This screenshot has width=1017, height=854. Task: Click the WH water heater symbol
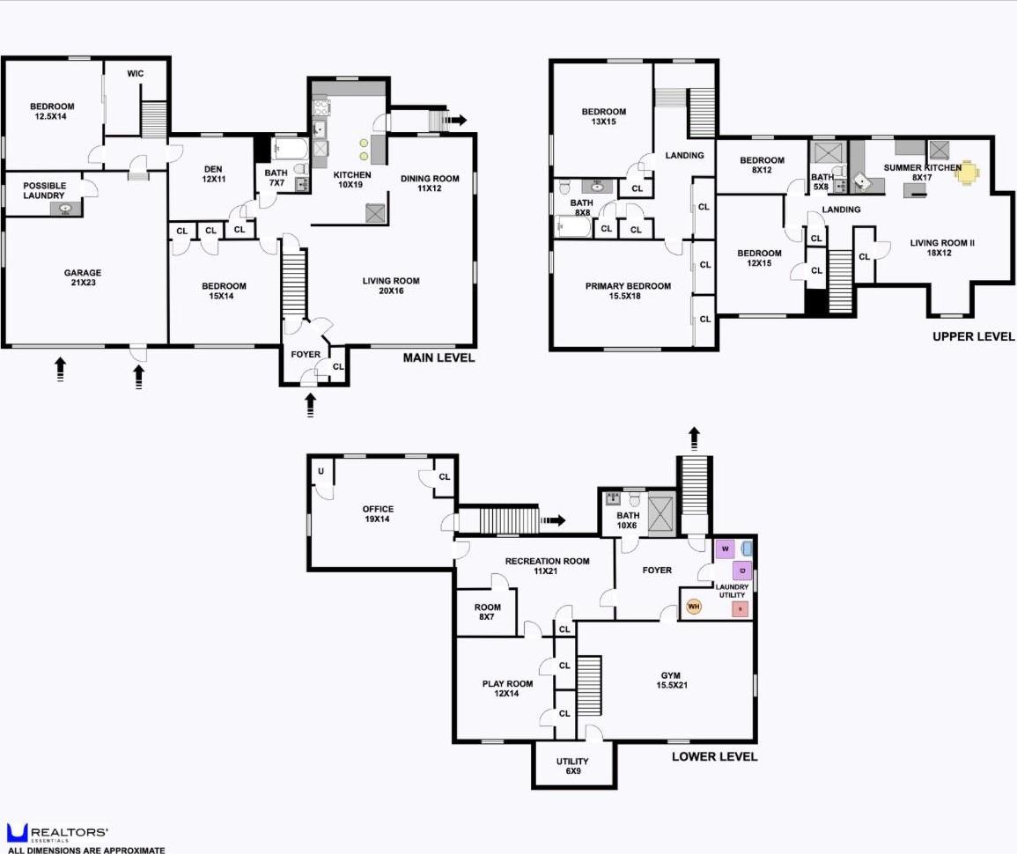(693, 606)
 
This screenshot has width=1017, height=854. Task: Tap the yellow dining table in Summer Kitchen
(968, 172)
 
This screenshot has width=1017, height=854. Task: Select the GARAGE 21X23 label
(82, 278)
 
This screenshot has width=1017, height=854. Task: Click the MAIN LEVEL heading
(438, 357)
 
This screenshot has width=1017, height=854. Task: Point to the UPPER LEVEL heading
(973, 336)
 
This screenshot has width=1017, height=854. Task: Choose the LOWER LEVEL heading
(714, 756)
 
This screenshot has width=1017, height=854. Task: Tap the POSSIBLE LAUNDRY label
(44, 190)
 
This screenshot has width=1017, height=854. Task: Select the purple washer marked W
(725, 548)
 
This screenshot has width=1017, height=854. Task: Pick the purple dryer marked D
(741, 571)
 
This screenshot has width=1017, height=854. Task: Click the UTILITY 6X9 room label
(572, 766)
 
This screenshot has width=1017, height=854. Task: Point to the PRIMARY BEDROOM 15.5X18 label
(628, 291)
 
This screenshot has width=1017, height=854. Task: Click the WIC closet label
(135, 73)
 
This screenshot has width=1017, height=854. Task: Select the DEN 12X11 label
(211, 173)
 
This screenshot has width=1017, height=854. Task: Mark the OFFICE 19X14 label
(378, 514)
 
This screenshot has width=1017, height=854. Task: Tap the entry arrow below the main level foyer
(310, 405)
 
